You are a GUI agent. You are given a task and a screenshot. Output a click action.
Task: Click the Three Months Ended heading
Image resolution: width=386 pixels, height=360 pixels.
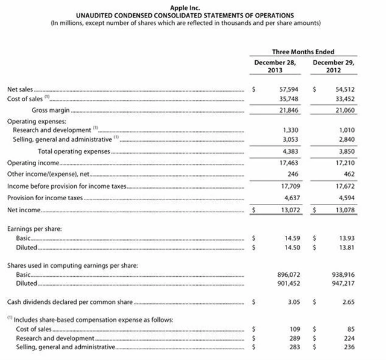pos(303,52)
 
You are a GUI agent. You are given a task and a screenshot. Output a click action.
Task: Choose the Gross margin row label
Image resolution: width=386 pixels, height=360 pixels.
pos(51,110)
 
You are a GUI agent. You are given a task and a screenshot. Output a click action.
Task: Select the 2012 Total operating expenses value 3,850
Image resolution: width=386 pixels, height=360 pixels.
pos(346,151)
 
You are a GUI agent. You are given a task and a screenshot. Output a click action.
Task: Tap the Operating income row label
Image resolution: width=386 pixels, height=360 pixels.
pos(33,163)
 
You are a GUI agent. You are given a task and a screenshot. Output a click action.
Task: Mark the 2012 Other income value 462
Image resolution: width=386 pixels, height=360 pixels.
pos(348,174)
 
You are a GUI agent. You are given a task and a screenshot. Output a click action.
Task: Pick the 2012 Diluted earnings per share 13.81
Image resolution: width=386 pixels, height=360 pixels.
pos(346,248)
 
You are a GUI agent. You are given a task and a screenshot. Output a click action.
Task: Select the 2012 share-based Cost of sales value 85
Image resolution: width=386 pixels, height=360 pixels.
pos(350,329)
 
